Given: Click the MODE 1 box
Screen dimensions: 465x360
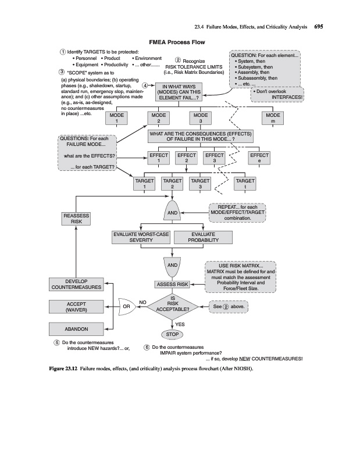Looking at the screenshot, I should click(117, 119).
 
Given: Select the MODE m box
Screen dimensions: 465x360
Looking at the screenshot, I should click(273, 119).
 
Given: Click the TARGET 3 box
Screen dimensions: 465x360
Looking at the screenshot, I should click(200, 184).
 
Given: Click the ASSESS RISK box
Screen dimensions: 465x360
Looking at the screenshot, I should click(173, 284).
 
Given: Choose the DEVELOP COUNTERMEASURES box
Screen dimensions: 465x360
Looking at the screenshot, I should click(76, 284).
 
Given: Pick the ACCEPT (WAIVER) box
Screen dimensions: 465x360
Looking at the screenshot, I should click(76, 307).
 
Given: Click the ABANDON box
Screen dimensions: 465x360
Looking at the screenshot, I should click(76, 330).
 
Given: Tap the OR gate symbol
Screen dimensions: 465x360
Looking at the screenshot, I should click(127, 304).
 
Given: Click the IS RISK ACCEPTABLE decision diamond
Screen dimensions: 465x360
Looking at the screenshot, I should click(173, 304).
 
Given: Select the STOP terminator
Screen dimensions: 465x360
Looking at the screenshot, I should click(172, 335).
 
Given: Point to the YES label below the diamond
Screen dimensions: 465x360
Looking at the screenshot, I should click(180, 324).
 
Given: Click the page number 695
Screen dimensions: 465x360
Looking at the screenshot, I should click(319, 26).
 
